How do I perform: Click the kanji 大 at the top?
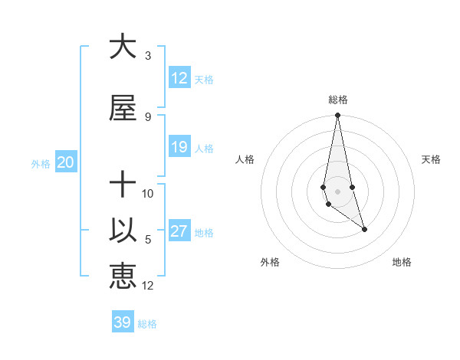pyautogui.click(x=123, y=47)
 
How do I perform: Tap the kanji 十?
pyautogui.click(x=123, y=184)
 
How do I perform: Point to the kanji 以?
pyautogui.click(x=123, y=231)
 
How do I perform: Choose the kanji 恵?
pyautogui.click(x=123, y=277)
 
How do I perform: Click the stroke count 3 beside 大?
pyautogui.click(x=147, y=56)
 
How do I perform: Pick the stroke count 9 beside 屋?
pyautogui.click(x=147, y=116)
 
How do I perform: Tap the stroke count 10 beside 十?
pyautogui.click(x=148, y=193)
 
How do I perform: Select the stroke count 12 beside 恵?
pyautogui.click(x=148, y=285)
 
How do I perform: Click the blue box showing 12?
pyautogui.click(x=179, y=78)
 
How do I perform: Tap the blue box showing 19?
pyautogui.click(x=179, y=147)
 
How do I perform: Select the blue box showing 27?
pyautogui.click(x=179, y=231)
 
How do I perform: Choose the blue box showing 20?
pyautogui.click(x=65, y=162)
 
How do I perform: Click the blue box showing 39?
pyautogui.click(x=122, y=322)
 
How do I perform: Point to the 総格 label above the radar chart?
pyautogui.click(x=338, y=100)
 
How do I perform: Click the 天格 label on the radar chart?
pyautogui.click(x=432, y=159)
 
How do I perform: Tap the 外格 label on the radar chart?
pyautogui.click(x=270, y=263)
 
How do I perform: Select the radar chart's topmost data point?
pyautogui.click(x=337, y=116)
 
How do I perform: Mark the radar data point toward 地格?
pyautogui.click(x=364, y=229)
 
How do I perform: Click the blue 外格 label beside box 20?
pyautogui.click(x=41, y=163)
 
